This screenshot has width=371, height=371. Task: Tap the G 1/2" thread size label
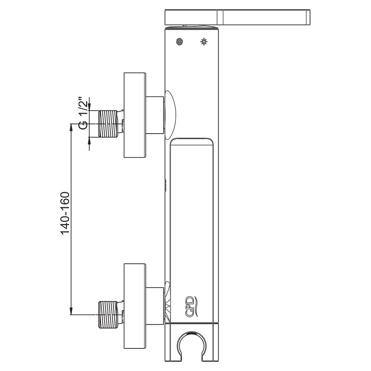tap(83, 113)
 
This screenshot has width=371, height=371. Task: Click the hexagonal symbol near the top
tap(180, 42)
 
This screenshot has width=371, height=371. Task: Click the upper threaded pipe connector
tap(108, 124)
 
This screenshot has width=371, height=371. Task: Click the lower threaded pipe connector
tap(108, 315)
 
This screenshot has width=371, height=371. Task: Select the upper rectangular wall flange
tap(135, 115)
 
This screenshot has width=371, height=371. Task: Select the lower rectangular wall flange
tap(135, 306)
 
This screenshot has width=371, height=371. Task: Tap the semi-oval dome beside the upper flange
tap(170, 115)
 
